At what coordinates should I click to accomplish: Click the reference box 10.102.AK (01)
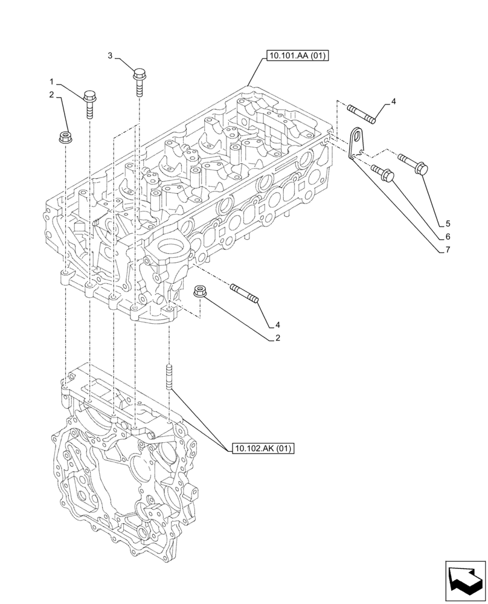[262, 448]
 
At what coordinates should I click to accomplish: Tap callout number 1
[52, 81]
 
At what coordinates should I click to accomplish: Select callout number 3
[111, 56]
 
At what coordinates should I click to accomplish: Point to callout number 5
[448, 222]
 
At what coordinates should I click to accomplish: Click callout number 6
[448, 236]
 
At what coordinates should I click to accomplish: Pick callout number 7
[448, 249]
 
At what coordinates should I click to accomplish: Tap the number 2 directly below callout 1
[52, 94]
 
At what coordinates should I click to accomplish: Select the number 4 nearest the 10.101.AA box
[393, 101]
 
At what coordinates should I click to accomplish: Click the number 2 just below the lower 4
[278, 338]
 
